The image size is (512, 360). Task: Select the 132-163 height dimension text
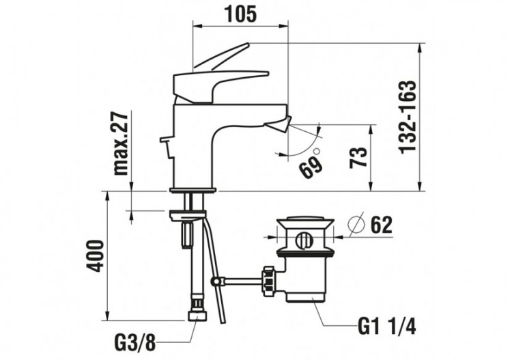coord(408,117)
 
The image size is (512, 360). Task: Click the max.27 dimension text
coord(121,144)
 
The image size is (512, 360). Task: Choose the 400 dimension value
coord(96,255)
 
